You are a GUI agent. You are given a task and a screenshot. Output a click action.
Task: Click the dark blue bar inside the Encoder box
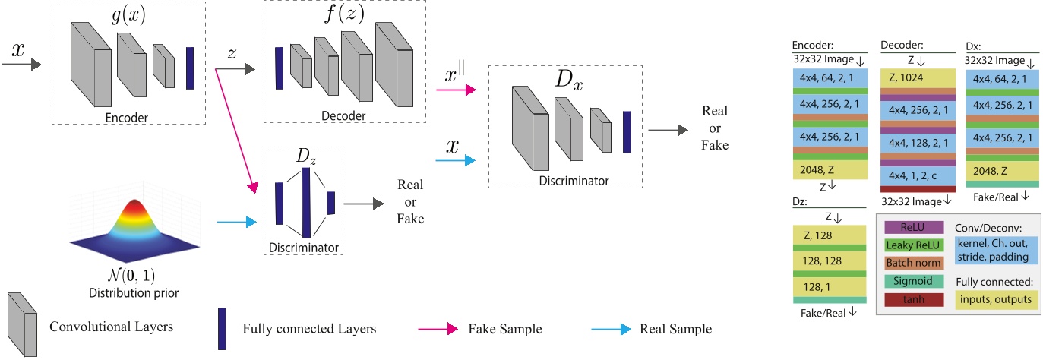[x=190, y=68]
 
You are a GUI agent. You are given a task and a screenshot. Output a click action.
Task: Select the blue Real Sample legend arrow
[x=611, y=329]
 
